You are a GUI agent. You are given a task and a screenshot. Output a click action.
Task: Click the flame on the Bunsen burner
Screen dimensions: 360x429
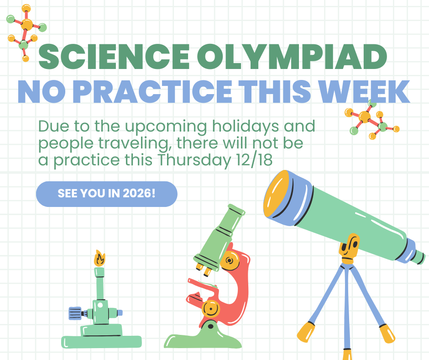(99, 259)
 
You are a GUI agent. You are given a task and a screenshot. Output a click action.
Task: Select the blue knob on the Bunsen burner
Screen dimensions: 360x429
(74, 313)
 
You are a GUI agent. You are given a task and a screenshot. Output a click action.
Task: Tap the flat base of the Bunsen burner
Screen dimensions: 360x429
(101, 341)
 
